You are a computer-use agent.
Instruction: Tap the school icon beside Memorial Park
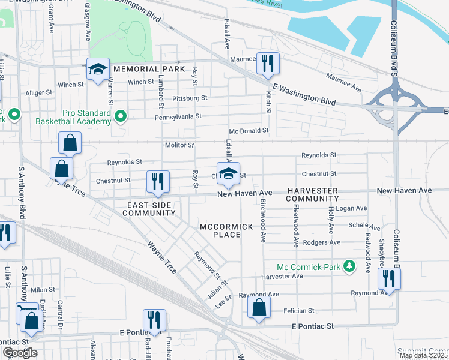pyautogui.click(x=97, y=69)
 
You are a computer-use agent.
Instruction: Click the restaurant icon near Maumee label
pyautogui.click(x=267, y=63)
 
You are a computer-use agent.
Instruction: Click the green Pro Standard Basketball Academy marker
pyautogui.click(x=121, y=114)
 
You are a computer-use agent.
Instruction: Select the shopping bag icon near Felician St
pyautogui.click(x=259, y=308)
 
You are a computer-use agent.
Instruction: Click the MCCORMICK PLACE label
pyautogui.click(x=226, y=230)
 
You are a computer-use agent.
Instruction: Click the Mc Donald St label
pyautogui.click(x=248, y=131)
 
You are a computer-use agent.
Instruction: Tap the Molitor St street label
pyautogui.click(x=179, y=145)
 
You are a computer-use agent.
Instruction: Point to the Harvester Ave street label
pyautogui.click(x=282, y=276)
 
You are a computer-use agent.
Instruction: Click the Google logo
pyautogui.click(x=20, y=353)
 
